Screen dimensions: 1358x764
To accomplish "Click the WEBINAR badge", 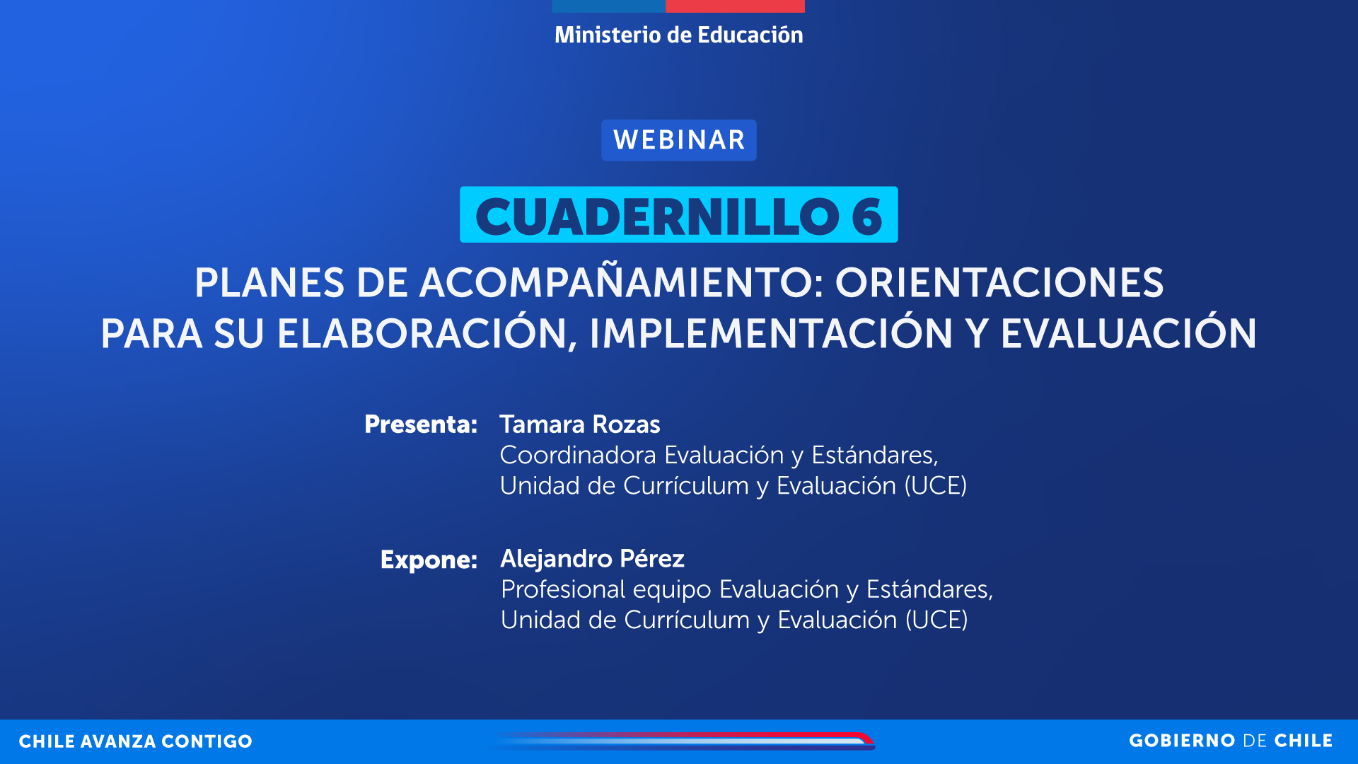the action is pos(679,140).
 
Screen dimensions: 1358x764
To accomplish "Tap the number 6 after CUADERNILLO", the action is pos(867,216).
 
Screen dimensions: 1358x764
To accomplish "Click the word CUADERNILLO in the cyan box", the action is pos(658,216).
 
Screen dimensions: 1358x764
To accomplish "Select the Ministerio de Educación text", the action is pos(679,35).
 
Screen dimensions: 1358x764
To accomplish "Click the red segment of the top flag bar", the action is pos(735,6).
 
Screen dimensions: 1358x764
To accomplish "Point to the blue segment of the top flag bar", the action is pos(609,6).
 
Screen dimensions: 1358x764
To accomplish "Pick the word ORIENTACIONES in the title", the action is pos(999,282).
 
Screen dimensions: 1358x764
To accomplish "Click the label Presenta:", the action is pos(421,424).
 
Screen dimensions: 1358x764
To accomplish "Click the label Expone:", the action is pos(429,560).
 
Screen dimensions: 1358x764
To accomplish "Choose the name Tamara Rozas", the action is pos(580,424).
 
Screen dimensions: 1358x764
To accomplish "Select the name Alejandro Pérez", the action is pos(593,559).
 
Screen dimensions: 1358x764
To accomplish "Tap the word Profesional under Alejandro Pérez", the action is pos(563,589).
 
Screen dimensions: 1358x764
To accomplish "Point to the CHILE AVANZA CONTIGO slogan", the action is pos(135,741).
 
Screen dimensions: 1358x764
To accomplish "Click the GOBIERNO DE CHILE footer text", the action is pos(1231,741).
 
